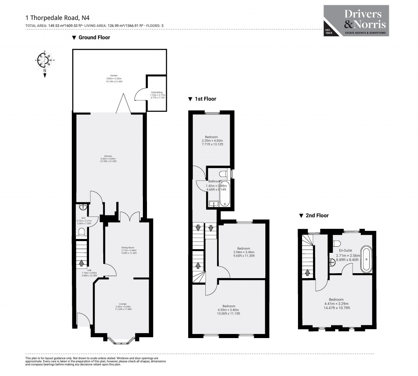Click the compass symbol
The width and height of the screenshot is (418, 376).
click(44, 60)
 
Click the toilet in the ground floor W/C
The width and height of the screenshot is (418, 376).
click(81, 232)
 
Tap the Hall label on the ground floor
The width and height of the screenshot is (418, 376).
click(85, 272)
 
